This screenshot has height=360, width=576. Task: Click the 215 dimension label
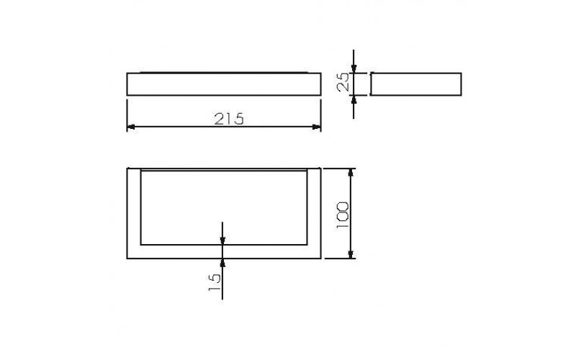point(228,119)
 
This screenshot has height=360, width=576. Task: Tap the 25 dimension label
point(343,81)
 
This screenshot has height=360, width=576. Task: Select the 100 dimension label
point(343,215)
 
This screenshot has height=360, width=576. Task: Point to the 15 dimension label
point(215,282)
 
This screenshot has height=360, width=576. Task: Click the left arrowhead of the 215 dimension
point(131,127)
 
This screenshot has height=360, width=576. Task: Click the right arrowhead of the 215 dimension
point(316,127)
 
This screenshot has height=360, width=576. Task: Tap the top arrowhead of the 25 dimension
point(354,68)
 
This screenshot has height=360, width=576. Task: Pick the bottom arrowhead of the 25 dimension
point(354,100)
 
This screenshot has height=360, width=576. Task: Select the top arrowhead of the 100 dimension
point(351,173)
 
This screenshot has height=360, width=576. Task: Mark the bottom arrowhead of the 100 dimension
point(351,254)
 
